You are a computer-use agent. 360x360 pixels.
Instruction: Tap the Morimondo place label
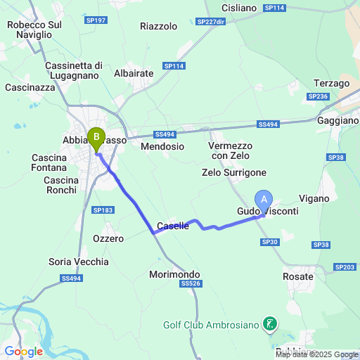pyautogui.click(x=175, y=274)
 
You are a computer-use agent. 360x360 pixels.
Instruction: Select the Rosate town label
pyautogui.click(x=299, y=276)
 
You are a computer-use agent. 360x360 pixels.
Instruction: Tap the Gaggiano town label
pyautogui.click(x=337, y=121)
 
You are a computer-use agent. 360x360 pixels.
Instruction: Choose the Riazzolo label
pyautogui.click(x=159, y=27)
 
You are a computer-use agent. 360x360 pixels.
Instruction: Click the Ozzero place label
pyautogui.click(x=108, y=238)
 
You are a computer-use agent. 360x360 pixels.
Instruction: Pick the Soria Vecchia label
pyautogui.click(x=79, y=262)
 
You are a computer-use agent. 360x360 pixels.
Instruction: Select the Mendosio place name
pyautogui.click(x=162, y=147)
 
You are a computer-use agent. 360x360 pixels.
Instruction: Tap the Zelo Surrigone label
pyautogui.click(x=234, y=172)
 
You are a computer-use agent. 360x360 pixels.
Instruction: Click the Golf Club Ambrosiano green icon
pyautogui.click(x=269, y=324)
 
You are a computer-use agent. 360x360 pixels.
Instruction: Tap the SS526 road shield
pyautogui.click(x=190, y=283)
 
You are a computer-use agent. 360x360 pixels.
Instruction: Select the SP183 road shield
pyautogui.click(x=103, y=210)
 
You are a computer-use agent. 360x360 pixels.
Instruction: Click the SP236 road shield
pyautogui.click(x=319, y=96)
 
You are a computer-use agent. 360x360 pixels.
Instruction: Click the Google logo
pyautogui.click(x=23, y=352)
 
